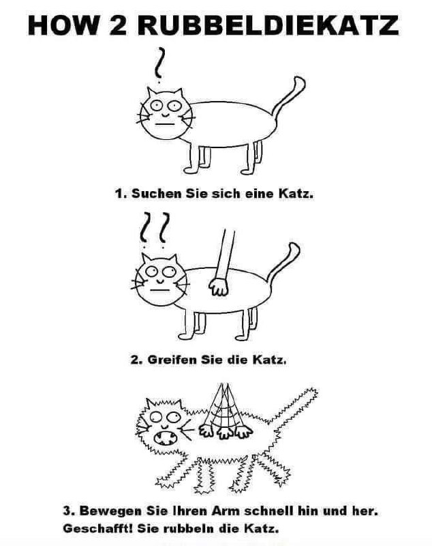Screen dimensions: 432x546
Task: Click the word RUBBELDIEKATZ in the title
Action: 268,25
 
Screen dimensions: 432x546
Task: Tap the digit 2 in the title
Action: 118,25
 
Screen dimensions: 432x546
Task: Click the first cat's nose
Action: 165,114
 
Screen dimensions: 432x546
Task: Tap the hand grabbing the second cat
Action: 219,287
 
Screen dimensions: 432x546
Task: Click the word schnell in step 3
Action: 269,511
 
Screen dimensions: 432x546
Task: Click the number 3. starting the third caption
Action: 68,511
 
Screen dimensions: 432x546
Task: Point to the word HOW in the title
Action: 63,25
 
